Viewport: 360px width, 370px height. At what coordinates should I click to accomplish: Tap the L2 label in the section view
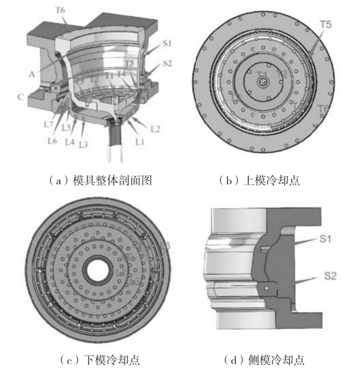[155, 129]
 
